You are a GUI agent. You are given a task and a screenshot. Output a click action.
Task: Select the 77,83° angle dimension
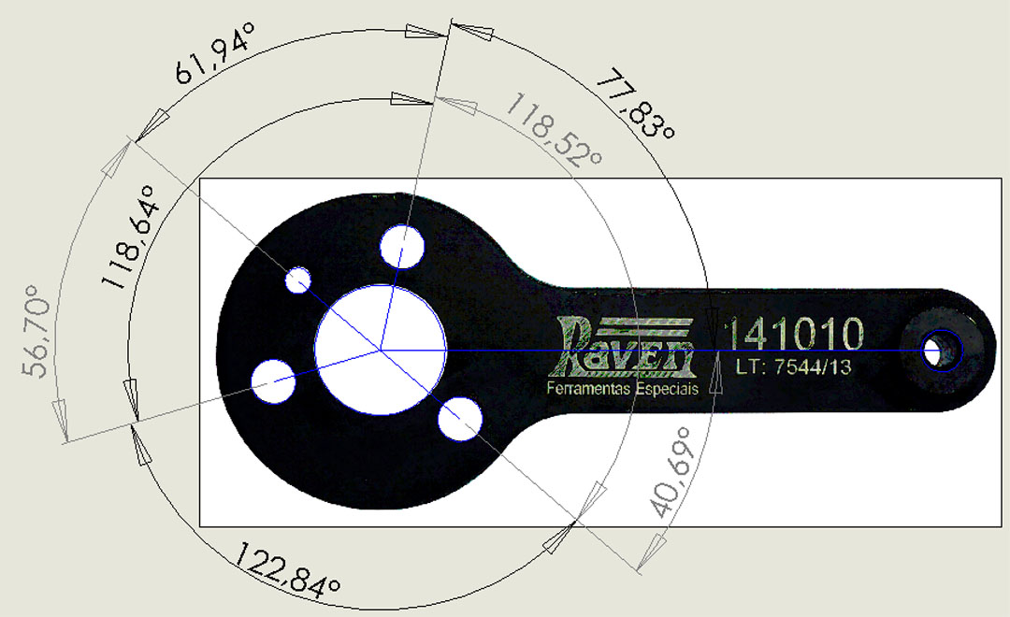point(635,103)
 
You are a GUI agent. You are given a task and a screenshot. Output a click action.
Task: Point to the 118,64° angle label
point(129,237)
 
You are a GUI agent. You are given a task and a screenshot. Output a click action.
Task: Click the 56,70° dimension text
point(36,331)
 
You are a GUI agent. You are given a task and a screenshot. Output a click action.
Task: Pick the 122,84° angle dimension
point(286,568)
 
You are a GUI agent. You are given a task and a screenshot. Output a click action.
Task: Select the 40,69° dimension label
point(674,472)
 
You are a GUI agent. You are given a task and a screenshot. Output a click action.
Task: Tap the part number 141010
point(793,334)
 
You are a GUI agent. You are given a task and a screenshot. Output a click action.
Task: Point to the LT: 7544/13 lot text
point(793,367)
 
